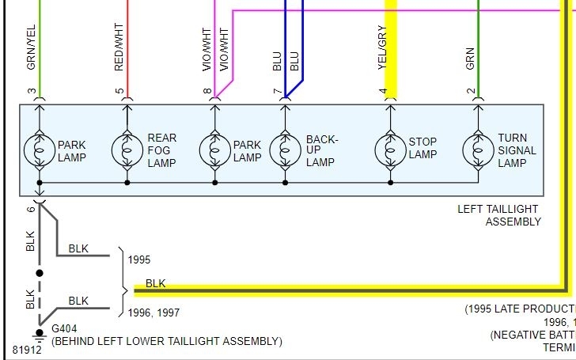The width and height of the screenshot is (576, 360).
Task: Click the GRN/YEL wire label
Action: click(x=32, y=50)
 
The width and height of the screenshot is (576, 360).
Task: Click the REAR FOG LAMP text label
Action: click(x=162, y=150)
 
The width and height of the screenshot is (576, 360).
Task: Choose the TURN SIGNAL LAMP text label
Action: click(x=517, y=150)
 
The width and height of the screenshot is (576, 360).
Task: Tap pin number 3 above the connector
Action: click(x=32, y=92)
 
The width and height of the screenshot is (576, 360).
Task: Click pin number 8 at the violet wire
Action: click(x=207, y=92)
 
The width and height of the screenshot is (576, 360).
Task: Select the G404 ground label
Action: click(x=66, y=328)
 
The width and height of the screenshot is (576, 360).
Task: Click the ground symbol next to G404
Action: click(x=39, y=332)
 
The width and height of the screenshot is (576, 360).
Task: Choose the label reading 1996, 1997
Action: click(x=154, y=313)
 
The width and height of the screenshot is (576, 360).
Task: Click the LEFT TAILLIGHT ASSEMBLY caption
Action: click(x=499, y=215)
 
